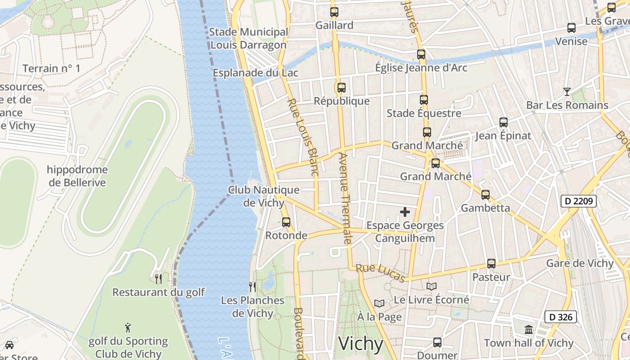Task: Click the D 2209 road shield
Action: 578,201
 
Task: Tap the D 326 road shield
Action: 560,317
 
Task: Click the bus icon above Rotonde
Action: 286,222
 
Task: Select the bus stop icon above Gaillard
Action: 334,12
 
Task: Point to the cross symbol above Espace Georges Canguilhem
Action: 405,211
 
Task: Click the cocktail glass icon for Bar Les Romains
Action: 567,92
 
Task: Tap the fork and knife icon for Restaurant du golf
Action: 158,279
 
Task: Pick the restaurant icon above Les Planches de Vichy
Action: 252,287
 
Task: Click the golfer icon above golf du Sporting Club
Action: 128,328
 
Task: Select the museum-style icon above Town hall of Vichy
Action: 529,330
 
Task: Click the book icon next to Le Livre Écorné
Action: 431,286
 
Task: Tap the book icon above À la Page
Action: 379,304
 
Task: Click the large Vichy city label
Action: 360,344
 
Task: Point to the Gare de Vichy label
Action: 580,263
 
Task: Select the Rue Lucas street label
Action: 381,273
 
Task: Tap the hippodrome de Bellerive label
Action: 77,176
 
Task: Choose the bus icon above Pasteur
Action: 491,264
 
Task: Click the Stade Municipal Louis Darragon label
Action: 248,38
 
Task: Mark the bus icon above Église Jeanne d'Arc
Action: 421,54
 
